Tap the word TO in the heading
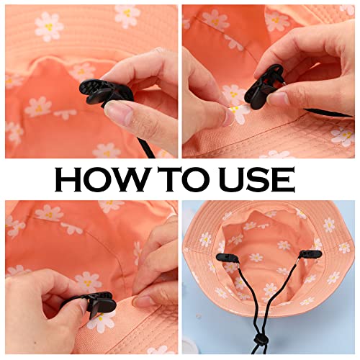(194, 178)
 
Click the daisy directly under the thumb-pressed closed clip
(101, 320)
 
